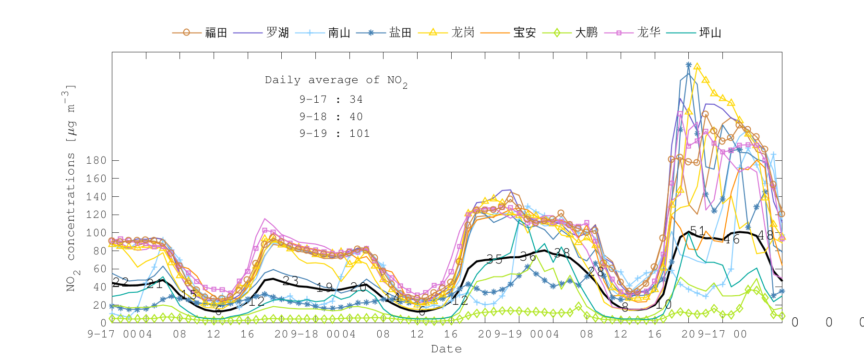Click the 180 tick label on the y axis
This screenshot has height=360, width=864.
point(96,160)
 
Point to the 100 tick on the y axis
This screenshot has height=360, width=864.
point(96,233)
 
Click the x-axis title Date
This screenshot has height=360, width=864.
point(446,349)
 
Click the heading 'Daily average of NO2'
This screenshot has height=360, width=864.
point(336,81)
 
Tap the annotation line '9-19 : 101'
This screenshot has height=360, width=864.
point(335,133)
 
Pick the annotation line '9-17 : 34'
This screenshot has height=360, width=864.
point(331,99)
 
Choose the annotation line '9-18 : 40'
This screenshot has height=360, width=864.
point(331,117)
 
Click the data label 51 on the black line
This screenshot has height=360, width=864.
point(697,231)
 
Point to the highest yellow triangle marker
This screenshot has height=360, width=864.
point(697,67)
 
